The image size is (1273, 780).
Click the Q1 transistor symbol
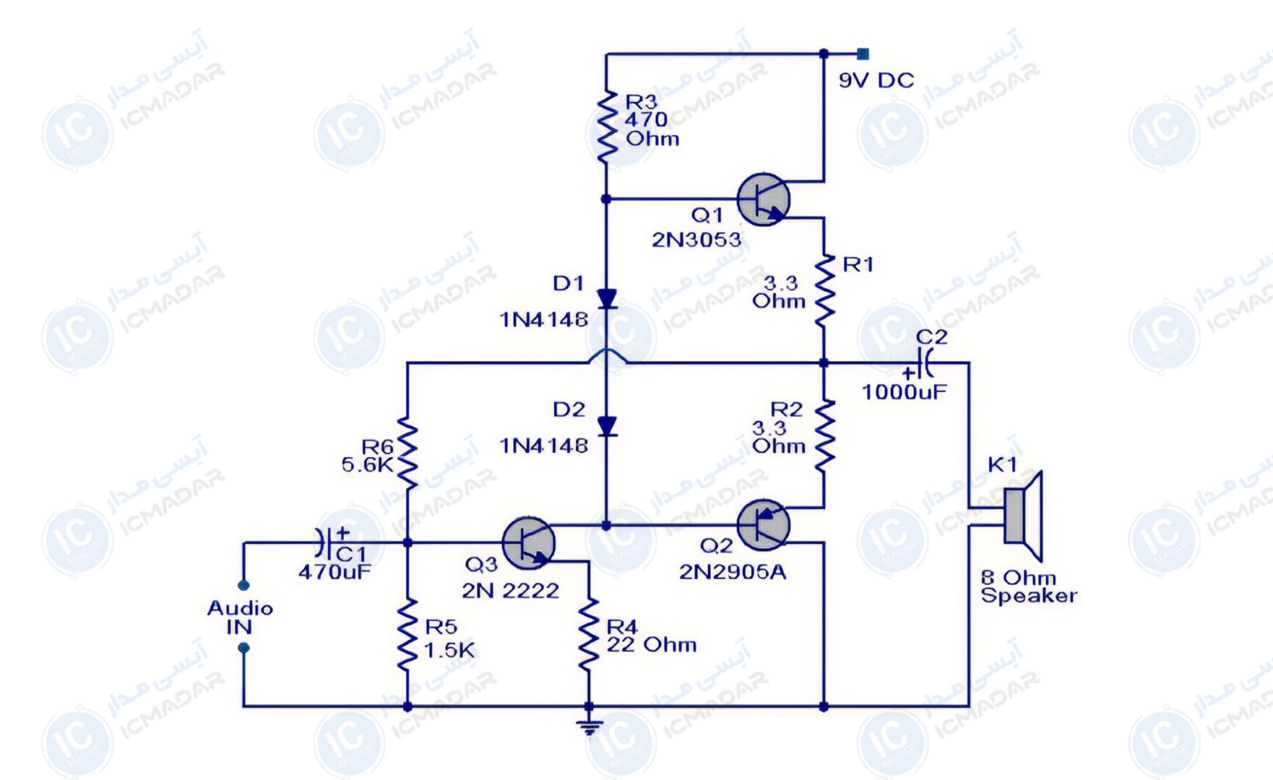click(763, 199)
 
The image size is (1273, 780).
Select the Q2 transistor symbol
click(763, 525)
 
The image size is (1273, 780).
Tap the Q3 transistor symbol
click(528, 543)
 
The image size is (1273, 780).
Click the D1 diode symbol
click(606, 298)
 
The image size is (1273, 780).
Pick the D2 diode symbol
click(606, 426)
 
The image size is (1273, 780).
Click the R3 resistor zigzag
click(606, 126)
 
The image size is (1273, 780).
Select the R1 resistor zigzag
click(824, 290)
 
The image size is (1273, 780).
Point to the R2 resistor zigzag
click(824, 435)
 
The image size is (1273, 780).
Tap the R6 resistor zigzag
click(407, 453)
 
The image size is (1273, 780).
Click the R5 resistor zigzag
click(407, 634)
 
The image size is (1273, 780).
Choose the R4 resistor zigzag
click(589, 634)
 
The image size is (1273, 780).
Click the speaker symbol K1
click(1023, 516)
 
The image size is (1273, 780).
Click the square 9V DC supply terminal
click(863, 54)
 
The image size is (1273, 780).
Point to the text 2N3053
click(696, 240)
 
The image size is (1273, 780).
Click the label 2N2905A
click(732, 572)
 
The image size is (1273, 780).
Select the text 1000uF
click(904, 392)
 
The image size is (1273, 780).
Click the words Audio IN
click(240, 617)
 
